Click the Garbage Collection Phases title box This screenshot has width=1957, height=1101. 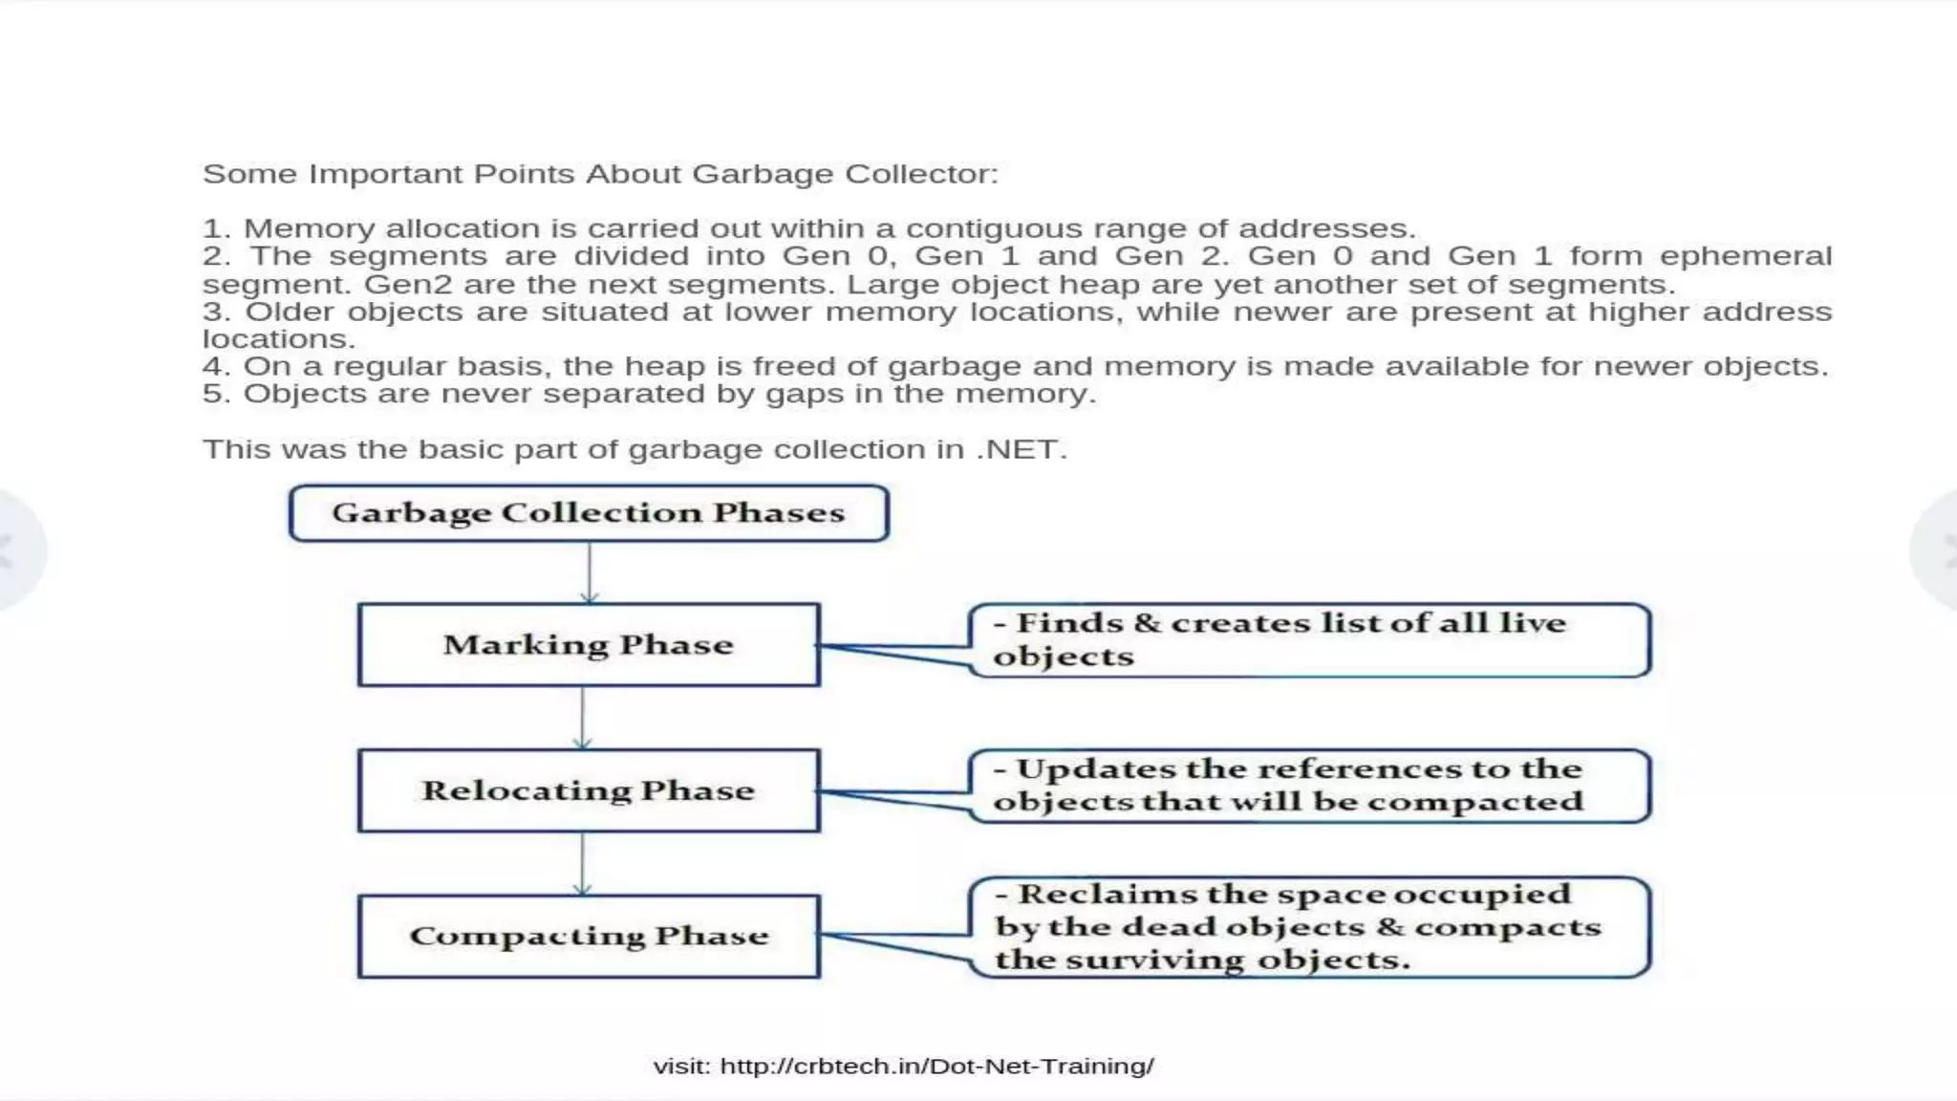(x=589, y=513)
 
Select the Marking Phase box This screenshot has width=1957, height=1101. (x=589, y=645)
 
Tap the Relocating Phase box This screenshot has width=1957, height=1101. (x=589, y=790)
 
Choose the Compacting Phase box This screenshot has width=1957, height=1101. (x=589, y=936)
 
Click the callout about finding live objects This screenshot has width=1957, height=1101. (x=1309, y=640)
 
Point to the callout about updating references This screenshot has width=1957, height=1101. (x=1309, y=786)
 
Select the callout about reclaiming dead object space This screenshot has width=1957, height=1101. (x=1309, y=927)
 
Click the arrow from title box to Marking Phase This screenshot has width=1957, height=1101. (x=590, y=572)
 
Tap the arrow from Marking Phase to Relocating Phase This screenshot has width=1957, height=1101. (x=583, y=718)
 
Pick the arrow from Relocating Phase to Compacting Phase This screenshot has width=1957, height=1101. (x=583, y=863)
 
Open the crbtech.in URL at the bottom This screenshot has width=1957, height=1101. (x=936, y=1067)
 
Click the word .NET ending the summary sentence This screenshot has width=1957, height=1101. (x=1021, y=449)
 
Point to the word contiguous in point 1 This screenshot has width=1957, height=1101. (x=994, y=229)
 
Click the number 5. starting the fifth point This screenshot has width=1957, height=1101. (x=216, y=394)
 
